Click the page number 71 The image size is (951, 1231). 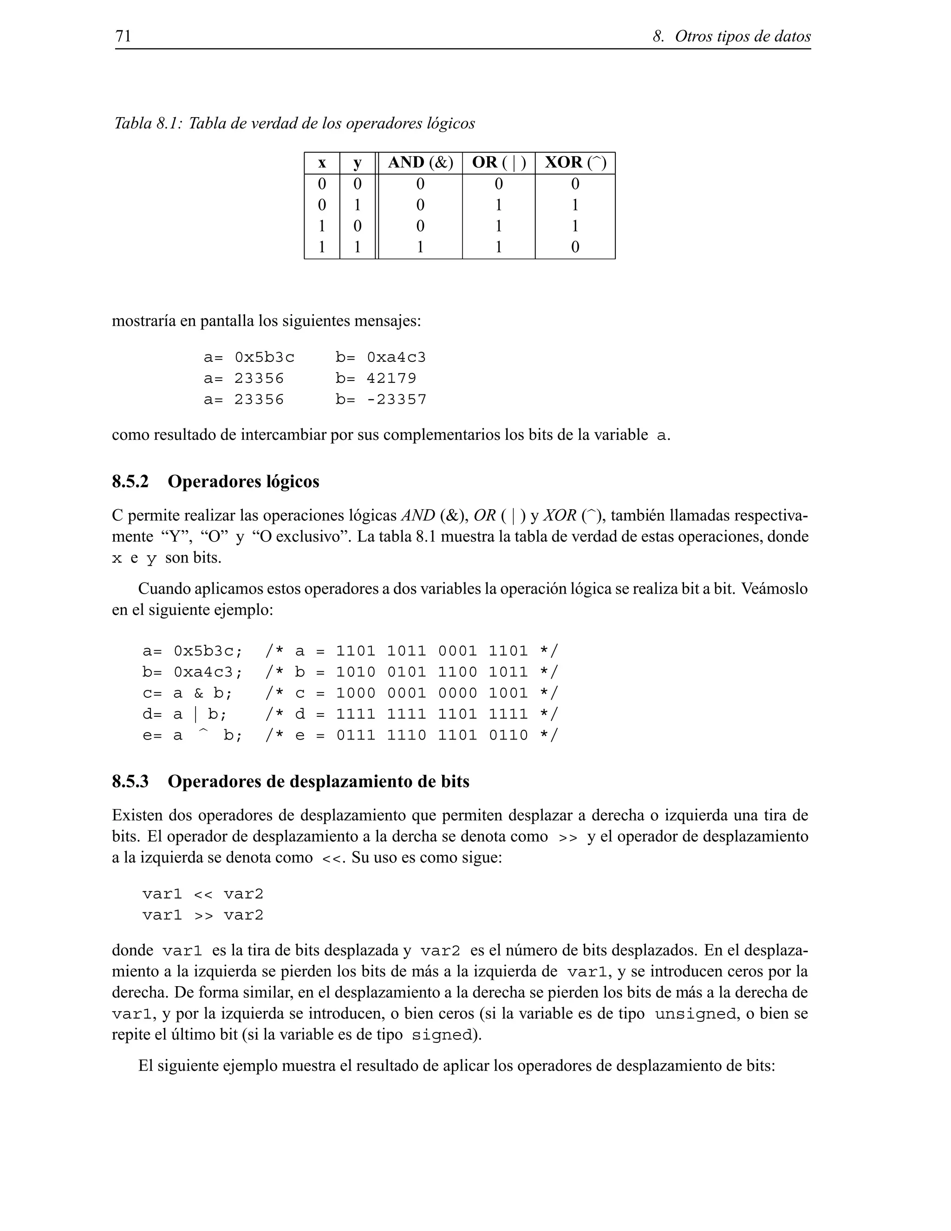(123, 37)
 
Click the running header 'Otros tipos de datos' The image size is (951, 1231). (742, 37)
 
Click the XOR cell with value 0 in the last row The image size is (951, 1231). (575, 247)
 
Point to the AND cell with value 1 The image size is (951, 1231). (420, 247)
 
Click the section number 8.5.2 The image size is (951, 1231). (130, 481)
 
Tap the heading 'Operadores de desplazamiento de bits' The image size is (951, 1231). (318, 781)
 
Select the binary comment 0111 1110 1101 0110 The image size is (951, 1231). (432, 735)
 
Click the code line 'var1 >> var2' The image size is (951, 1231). (203, 916)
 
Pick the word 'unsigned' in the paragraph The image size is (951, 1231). (695, 1015)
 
